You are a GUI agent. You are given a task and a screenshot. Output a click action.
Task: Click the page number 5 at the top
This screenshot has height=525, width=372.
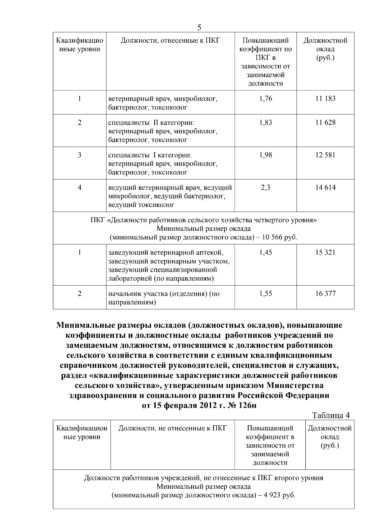pos(199,28)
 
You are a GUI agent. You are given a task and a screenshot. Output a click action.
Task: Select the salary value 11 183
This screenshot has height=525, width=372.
pos(325,99)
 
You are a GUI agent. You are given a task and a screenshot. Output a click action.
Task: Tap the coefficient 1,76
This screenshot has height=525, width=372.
pos(265,99)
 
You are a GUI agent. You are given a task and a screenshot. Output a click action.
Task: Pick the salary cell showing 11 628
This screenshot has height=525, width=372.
pos(325,123)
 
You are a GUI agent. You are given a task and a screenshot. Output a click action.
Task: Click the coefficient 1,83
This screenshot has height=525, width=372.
pos(265,123)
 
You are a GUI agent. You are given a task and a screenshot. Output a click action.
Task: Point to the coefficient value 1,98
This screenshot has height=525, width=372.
pos(265,155)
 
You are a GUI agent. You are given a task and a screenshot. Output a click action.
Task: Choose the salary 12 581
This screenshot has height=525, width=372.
pos(325,155)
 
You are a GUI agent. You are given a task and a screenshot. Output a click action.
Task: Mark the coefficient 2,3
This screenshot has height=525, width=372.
pos(265,187)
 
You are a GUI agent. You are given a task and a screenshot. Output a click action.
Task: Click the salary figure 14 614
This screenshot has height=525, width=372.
pos(325,187)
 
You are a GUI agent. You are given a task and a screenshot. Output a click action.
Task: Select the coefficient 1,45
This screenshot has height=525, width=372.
pos(265,252)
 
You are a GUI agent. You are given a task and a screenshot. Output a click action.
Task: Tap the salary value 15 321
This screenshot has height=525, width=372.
pos(325,252)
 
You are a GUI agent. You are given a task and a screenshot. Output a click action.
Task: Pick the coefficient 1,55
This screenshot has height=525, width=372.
pos(265,294)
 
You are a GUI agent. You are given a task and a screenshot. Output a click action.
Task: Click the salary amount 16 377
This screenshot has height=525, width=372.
pos(325,294)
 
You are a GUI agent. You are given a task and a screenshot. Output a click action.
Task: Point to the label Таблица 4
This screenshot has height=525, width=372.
pos(330,415)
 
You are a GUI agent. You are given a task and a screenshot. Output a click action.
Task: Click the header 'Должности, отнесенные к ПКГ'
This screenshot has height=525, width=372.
pos(170,41)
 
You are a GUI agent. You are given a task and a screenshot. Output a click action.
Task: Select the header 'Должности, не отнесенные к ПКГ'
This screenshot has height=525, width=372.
pos(173,428)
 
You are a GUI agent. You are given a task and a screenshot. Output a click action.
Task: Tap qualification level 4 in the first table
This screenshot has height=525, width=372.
pos(80,187)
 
